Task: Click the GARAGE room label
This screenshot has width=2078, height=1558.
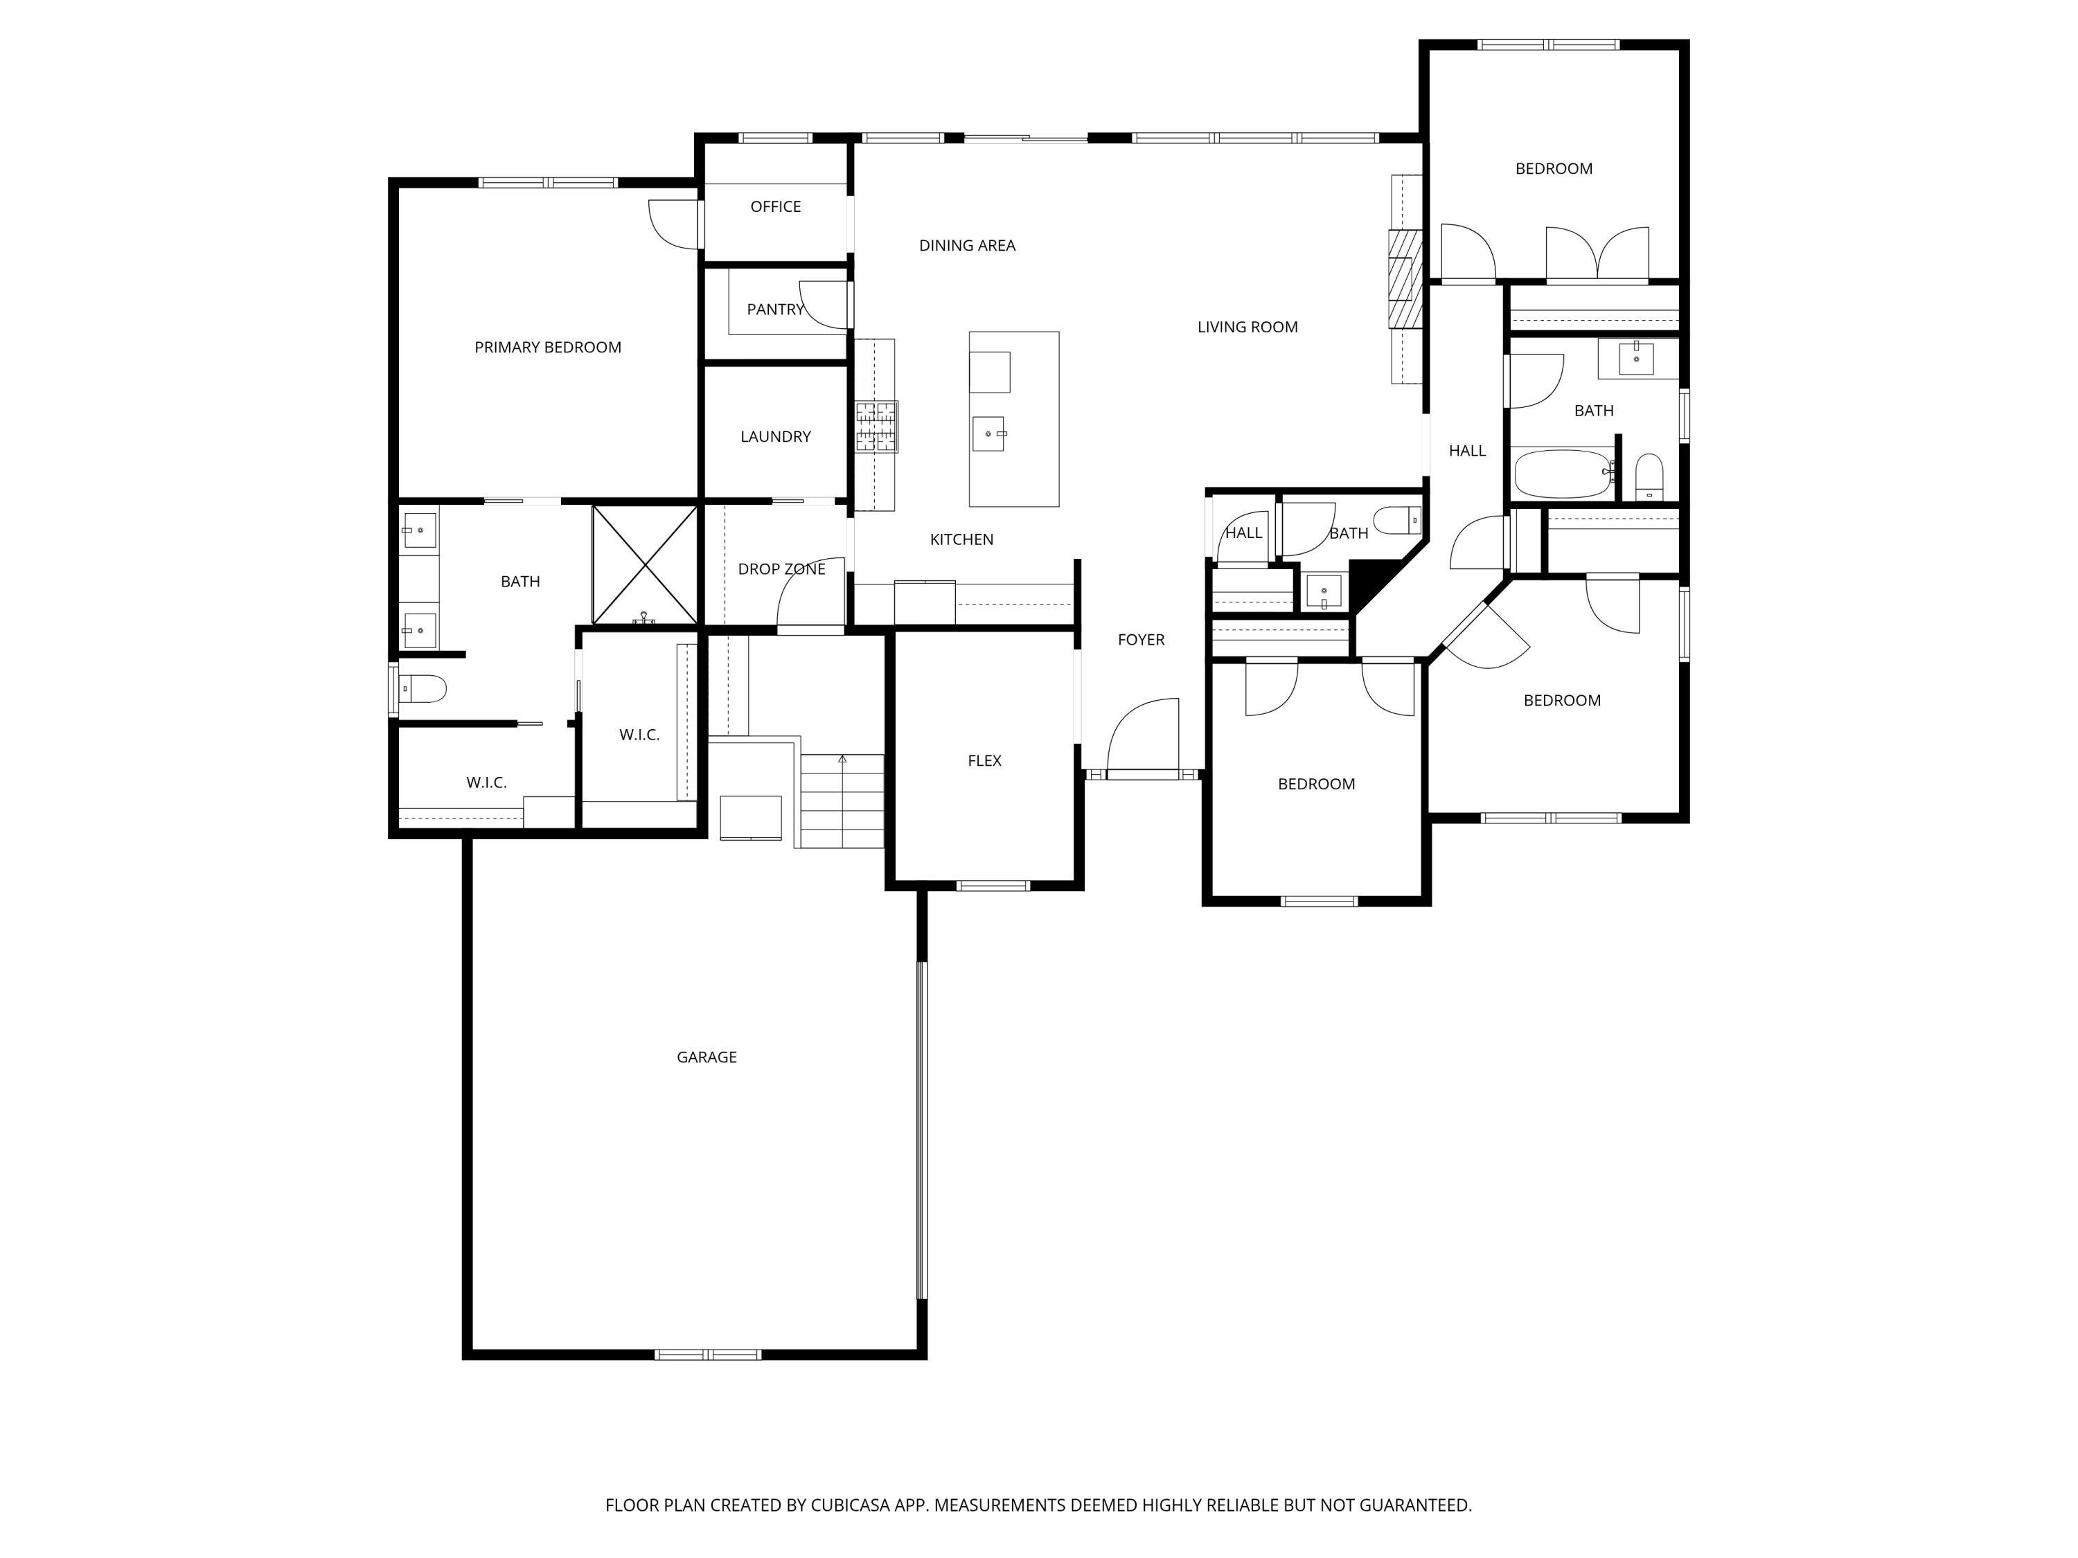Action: pyautogui.click(x=707, y=1057)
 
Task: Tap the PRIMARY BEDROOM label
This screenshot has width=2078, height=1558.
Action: pyautogui.click(x=548, y=348)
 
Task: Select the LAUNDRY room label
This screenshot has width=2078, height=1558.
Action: pyautogui.click(x=775, y=437)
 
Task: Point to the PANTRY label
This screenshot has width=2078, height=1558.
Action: pyautogui.click(x=775, y=309)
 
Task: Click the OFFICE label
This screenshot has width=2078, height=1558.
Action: pyautogui.click(x=775, y=206)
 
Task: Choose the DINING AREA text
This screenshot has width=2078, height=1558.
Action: pyautogui.click(x=967, y=246)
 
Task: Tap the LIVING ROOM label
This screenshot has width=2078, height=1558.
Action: pyautogui.click(x=1247, y=327)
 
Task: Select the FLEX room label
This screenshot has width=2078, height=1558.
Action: pyautogui.click(x=984, y=761)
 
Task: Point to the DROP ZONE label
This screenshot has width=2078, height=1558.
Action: pyautogui.click(x=781, y=569)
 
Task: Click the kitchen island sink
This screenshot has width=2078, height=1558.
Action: pyautogui.click(x=989, y=434)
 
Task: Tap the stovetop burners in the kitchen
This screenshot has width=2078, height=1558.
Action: pyautogui.click(x=876, y=427)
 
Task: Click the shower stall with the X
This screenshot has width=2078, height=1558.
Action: pyautogui.click(x=646, y=565)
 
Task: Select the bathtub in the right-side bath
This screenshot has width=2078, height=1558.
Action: pyautogui.click(x=1562, y=475)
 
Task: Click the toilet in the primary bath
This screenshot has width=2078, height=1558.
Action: pyautogui.click(x=422, y=689)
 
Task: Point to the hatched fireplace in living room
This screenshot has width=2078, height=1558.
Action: pyautogui.click(x=1406, y=279)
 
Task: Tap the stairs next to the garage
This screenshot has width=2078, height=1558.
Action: pyautogui.click(x=842, y=800)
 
